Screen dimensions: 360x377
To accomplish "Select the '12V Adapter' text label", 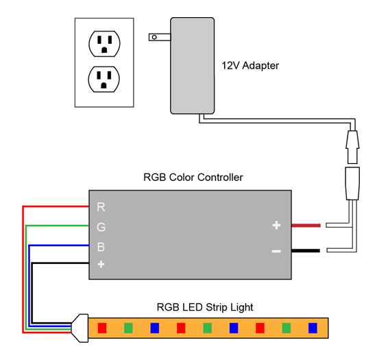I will point(250,66).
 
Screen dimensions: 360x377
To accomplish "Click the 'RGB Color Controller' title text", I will point(193,177).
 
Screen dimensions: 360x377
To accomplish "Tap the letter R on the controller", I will point(101,206).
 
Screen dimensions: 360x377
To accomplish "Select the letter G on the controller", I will point(101,226).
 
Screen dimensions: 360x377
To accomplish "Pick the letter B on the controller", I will point(101,246).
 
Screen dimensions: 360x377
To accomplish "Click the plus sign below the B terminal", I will point(101,263).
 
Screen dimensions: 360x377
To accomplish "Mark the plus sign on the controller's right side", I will point(276,225).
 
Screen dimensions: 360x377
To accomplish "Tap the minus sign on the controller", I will point(276,251).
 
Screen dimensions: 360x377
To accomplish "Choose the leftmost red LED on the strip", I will point(102,327).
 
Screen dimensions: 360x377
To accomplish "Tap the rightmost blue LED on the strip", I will point(312,327).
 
